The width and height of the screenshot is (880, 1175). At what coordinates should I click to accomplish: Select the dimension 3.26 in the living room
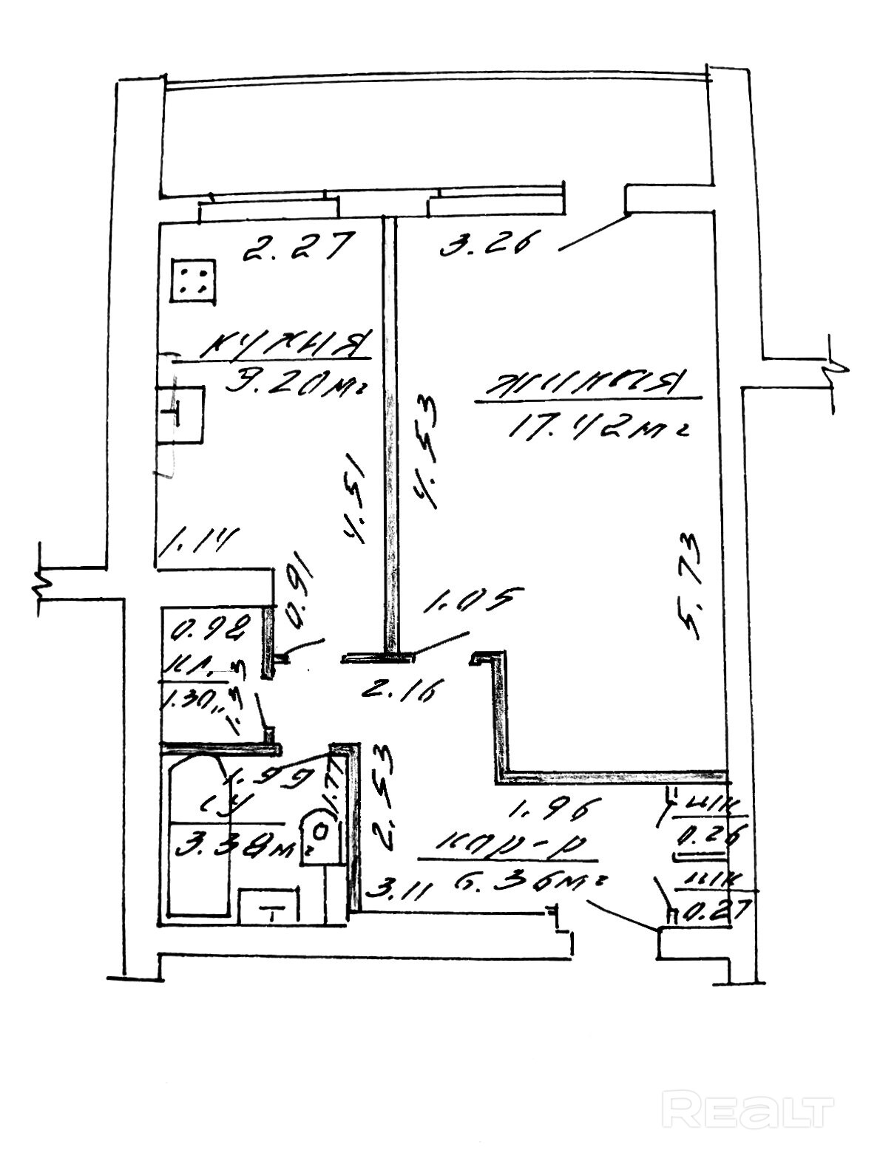[x=485, y=243]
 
